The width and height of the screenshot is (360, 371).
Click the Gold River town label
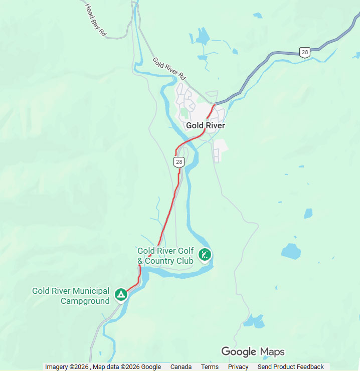pyautogui.click(x=205, y=125)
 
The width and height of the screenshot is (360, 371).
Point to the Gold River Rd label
pyautogui.click(x=169, y=69)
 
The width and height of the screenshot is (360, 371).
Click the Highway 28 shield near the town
pyautogui.click(x=179, y=161)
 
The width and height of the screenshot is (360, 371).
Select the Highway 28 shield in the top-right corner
pyautogui.click(x=304, y=52)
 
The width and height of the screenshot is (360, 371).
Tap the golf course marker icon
pyautogui.click(x=205, y=255)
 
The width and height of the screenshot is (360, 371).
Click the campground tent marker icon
pyautogui.click(x=121, y=295)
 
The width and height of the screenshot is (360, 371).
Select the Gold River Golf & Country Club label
pyautogui.click(x=165, y=256)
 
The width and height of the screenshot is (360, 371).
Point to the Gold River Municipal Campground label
pyautogui.click(x=71, y=296)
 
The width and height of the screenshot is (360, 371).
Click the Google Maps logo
pyautogui.click(x=253, y=352)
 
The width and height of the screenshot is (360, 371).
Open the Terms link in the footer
pyautogui.click(x=210, y=367)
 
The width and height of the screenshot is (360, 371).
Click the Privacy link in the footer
pyautogui.click(x=238, y=367)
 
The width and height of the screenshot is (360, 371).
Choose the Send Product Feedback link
pyautogui.click(x=291, y=367)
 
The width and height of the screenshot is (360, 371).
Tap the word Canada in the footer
pyautogui.click(x=181, y=367)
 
